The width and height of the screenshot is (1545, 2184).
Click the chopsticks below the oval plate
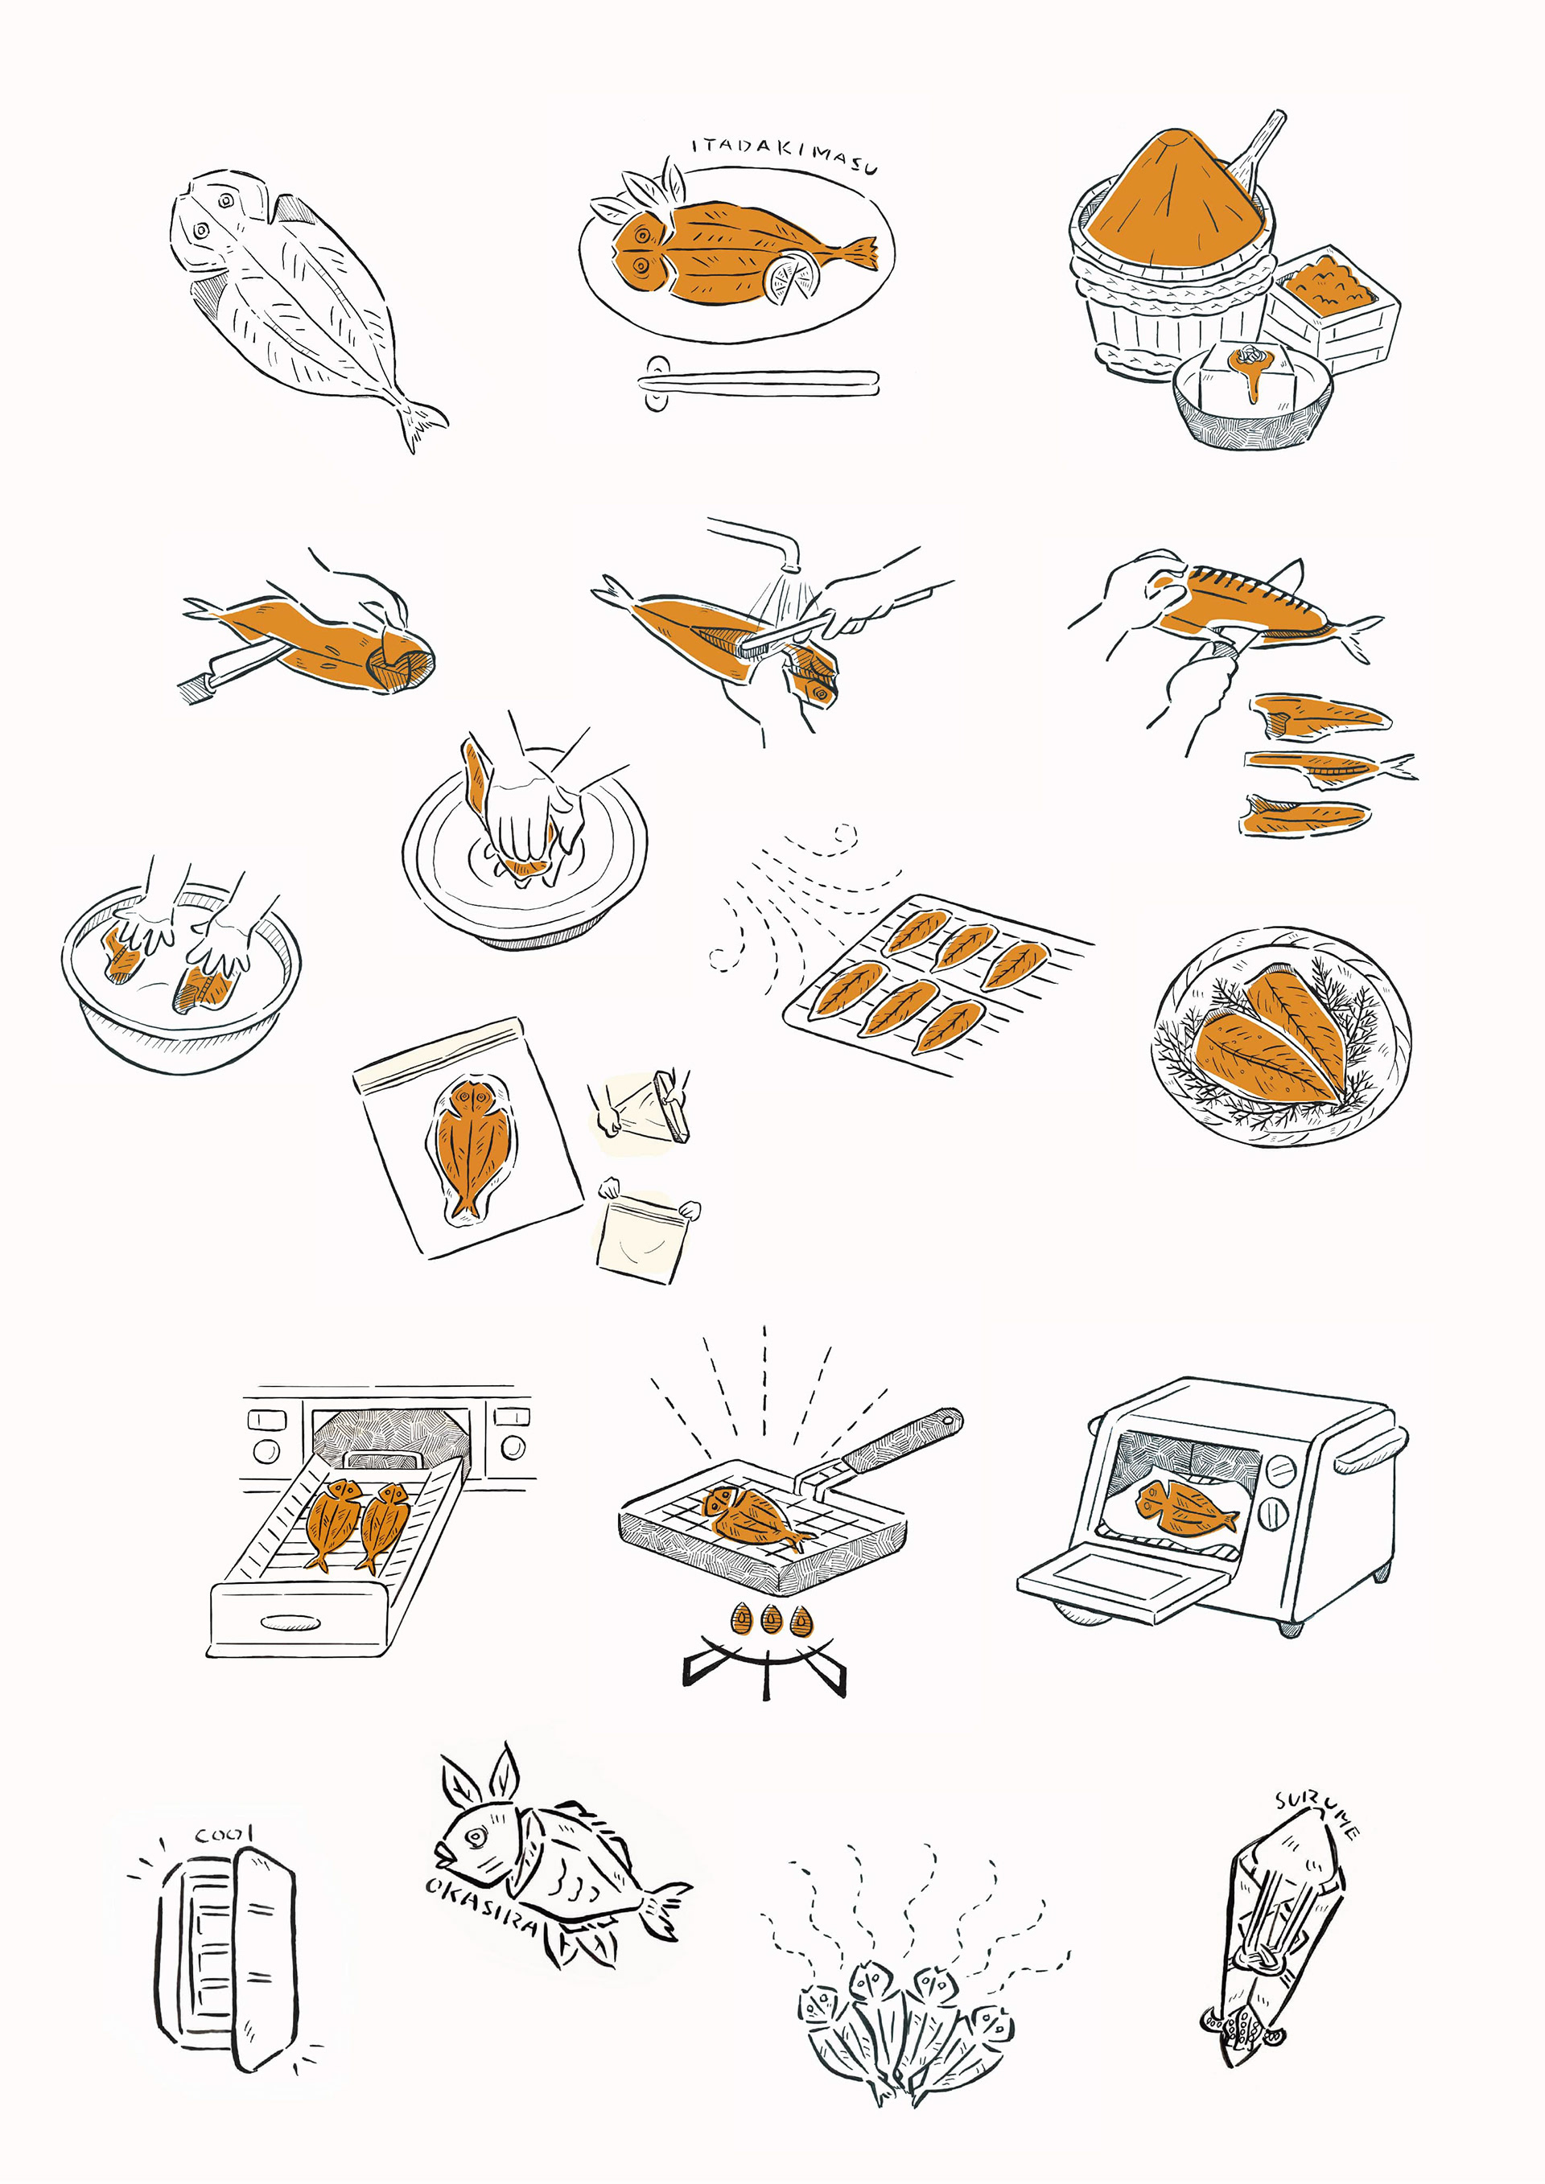[x=758, y=382]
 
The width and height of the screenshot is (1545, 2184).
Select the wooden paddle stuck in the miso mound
[x=1256, y=152]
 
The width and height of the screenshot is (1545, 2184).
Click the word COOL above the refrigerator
[x=224, y=1834]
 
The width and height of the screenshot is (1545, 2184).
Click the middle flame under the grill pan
[x=771, y=1617]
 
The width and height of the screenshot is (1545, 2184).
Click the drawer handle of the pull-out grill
[x=290, y=1622]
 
